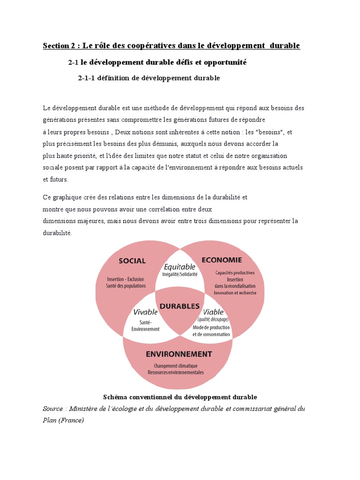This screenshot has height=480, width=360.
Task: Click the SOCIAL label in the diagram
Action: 132,261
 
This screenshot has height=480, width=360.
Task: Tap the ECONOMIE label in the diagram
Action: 222,260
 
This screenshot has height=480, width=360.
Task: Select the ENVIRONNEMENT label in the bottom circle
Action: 180,354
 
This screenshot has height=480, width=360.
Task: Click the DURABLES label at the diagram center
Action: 180,306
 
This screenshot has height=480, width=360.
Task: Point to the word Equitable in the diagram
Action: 180,266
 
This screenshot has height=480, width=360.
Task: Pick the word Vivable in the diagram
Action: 145,312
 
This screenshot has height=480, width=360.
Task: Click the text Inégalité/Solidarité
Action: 180,274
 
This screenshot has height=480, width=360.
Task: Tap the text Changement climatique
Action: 176,366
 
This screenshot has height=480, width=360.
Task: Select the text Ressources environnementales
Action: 176,372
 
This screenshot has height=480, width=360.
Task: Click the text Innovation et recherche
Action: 235,293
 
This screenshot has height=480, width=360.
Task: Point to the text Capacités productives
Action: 235,273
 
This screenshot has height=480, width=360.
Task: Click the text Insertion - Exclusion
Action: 126,279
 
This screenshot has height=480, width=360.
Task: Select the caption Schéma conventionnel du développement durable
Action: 180,397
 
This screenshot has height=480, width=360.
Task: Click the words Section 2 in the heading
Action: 59,45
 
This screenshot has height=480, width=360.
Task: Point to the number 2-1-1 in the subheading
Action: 86,78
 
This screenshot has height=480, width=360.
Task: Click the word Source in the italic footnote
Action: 52,409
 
